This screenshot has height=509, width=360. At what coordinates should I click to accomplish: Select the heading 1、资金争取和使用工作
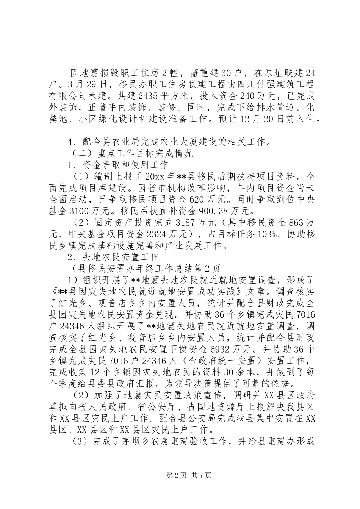point(117,165)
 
